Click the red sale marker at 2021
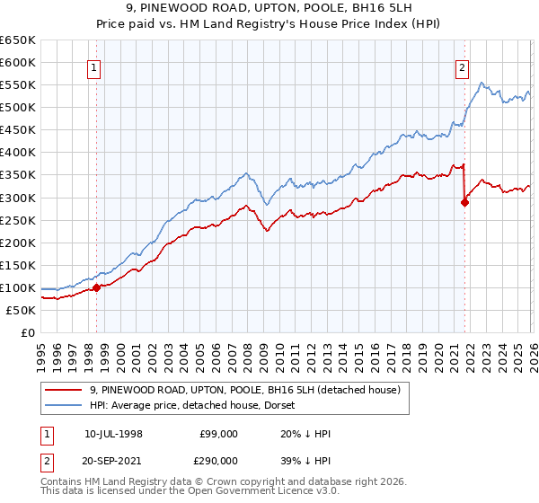[465, 202]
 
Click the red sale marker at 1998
[97, 287]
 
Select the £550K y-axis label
[18, 85]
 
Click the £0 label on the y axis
[27, 332]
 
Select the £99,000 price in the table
[218, 434]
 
